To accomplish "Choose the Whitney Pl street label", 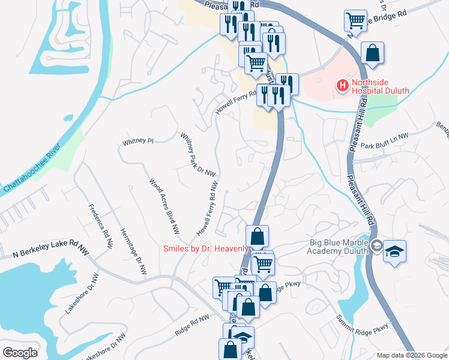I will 138,142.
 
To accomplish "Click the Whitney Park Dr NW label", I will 198,154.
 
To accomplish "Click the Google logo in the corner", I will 20,353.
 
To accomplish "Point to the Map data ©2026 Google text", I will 411,355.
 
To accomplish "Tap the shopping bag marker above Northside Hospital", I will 372,52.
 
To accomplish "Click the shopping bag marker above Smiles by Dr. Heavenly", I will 257,236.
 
